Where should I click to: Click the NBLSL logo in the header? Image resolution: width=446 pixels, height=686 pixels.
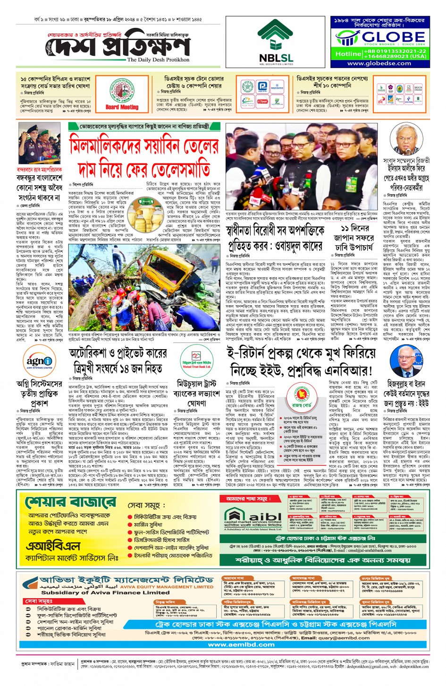[276, 43]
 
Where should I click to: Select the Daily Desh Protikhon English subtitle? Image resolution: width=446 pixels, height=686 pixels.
[158, 60]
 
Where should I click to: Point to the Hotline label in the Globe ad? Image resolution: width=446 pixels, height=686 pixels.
[348, 54]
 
